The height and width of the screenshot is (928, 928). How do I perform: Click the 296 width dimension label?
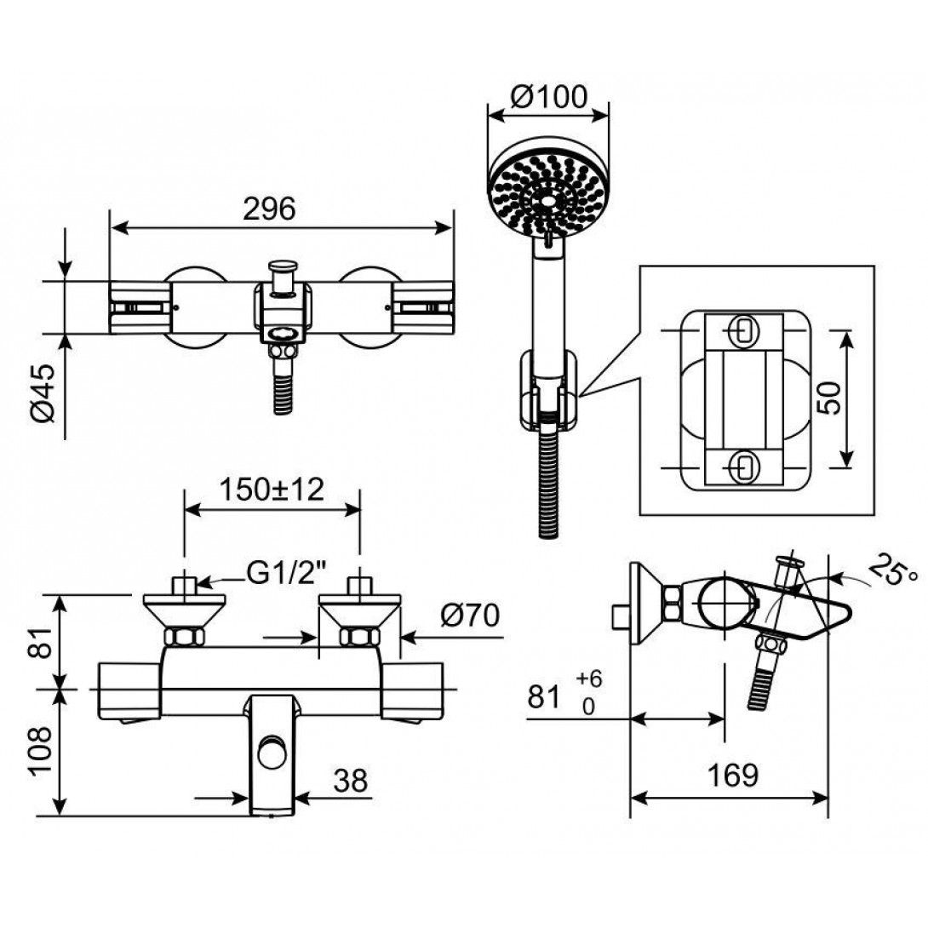(269, 209)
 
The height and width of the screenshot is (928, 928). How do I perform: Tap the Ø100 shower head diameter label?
(548, 97)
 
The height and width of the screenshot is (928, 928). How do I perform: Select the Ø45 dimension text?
(43, 393)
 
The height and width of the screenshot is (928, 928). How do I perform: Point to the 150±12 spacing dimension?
(272, 490)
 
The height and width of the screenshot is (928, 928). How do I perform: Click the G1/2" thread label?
(287, 574)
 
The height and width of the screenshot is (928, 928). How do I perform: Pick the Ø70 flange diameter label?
(470, 615)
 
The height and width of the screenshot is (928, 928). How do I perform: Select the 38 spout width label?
(351, 781)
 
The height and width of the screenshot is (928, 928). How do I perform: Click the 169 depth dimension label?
(733, 775)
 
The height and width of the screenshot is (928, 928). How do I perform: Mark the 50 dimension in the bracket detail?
(828, 398)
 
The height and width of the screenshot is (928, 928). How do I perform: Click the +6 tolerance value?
(589, 679)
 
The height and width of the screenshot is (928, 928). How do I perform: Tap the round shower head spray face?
(548, 195)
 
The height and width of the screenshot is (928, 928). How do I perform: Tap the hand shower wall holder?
(548, 391)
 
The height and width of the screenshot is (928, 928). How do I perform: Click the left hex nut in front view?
(184, 637)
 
